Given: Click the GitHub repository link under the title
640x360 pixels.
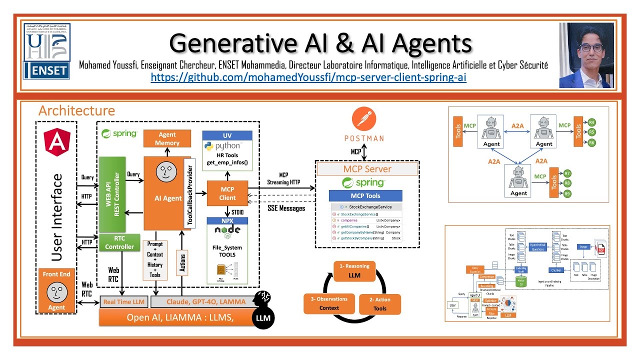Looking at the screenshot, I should point(308,78).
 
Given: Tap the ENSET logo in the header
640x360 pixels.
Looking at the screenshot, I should point(46,51).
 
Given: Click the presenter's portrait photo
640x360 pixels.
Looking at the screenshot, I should point(586,55).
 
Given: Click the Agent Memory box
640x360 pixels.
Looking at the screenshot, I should point(167,138).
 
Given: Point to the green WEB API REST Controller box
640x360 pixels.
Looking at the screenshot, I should point(112,194).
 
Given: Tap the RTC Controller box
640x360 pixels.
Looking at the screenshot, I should point(119,242).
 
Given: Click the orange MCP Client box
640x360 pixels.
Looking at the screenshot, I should point(227,193).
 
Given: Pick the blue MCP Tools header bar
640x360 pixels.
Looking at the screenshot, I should point(365,196).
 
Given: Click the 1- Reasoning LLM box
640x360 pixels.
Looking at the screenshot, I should point(354,270).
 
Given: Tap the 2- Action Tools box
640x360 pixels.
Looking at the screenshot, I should point(380,304).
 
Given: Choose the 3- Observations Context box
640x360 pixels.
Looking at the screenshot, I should point(329,303).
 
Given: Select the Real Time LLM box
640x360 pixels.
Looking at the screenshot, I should point(124,301).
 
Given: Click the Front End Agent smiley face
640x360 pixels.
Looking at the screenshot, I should point(56,291).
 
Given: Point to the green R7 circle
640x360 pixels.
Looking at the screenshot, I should point(567,173).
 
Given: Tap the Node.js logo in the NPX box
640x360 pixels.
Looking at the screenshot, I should point(227,231).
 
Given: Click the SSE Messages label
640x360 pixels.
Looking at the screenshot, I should point(285,208).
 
